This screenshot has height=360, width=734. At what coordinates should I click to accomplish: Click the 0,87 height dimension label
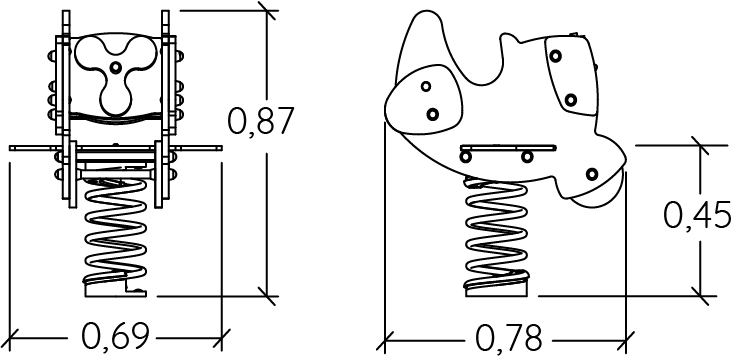click(x=260, y=121)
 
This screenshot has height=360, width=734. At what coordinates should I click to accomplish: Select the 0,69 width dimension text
click(x=116, y=336)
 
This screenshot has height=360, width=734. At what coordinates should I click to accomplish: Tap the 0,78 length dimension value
click(x=508, y=337)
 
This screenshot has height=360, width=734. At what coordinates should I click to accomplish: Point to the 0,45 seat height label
click(x=697, y=215)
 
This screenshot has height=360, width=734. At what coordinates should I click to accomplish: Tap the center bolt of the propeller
click(x=115, y=67)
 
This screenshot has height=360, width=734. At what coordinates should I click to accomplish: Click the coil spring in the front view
click(x=115, y=231)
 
